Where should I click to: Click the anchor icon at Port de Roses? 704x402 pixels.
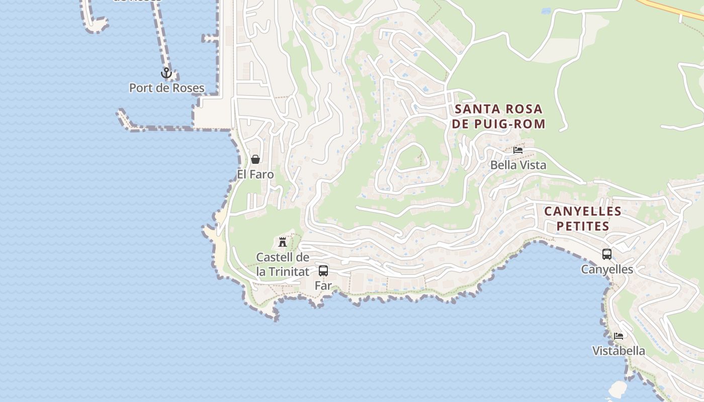[166, 73]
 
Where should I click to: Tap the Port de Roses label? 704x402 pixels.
[167, 88]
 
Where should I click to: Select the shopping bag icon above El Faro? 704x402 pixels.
[255, 160]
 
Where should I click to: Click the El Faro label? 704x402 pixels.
[255, 174]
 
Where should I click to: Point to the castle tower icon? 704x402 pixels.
[283, 242]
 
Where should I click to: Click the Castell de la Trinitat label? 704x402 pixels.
[283, 264]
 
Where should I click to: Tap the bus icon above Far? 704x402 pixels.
[323, 271]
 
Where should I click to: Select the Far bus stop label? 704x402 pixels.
[323, 285]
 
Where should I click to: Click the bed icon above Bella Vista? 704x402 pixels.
[518, 150]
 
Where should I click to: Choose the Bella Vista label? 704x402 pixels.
[518, 165]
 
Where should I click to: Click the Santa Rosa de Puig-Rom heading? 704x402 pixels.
[498, 116]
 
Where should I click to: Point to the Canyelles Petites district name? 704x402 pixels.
[583, 219]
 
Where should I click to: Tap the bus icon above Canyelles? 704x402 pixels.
[607, 254]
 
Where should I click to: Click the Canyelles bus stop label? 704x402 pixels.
[607, 269]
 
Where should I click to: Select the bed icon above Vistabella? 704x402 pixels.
[619, 336]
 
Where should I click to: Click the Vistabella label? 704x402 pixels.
[619, 351]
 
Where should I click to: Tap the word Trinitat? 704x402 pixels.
[289, 272]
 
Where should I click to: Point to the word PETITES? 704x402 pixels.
[583, 226]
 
